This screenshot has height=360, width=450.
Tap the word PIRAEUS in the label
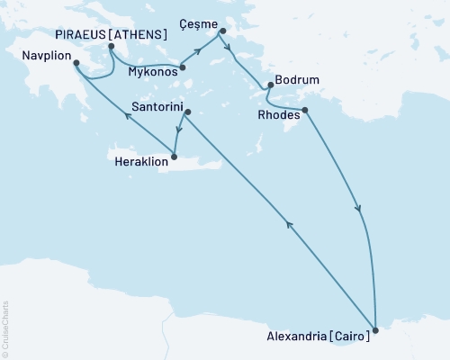tap(86, 34)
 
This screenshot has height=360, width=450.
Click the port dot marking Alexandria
tap(375, 330)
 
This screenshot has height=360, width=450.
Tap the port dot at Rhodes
tap(305, 111)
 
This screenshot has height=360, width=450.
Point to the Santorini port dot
tap(188, 112)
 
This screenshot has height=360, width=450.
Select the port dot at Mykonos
tap(182, 67)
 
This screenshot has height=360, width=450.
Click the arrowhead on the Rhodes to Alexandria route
tap(360, 209)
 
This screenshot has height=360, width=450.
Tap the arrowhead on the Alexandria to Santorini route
tap(287, 224)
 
